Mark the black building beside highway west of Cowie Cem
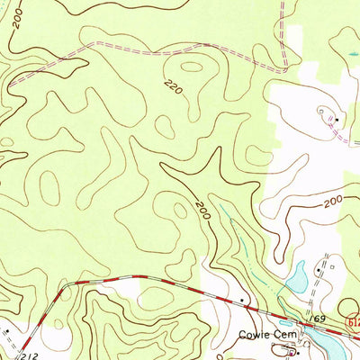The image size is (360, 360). click(242, 299)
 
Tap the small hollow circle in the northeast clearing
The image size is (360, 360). click(322, 111)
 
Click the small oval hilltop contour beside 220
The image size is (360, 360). click(191, 66)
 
